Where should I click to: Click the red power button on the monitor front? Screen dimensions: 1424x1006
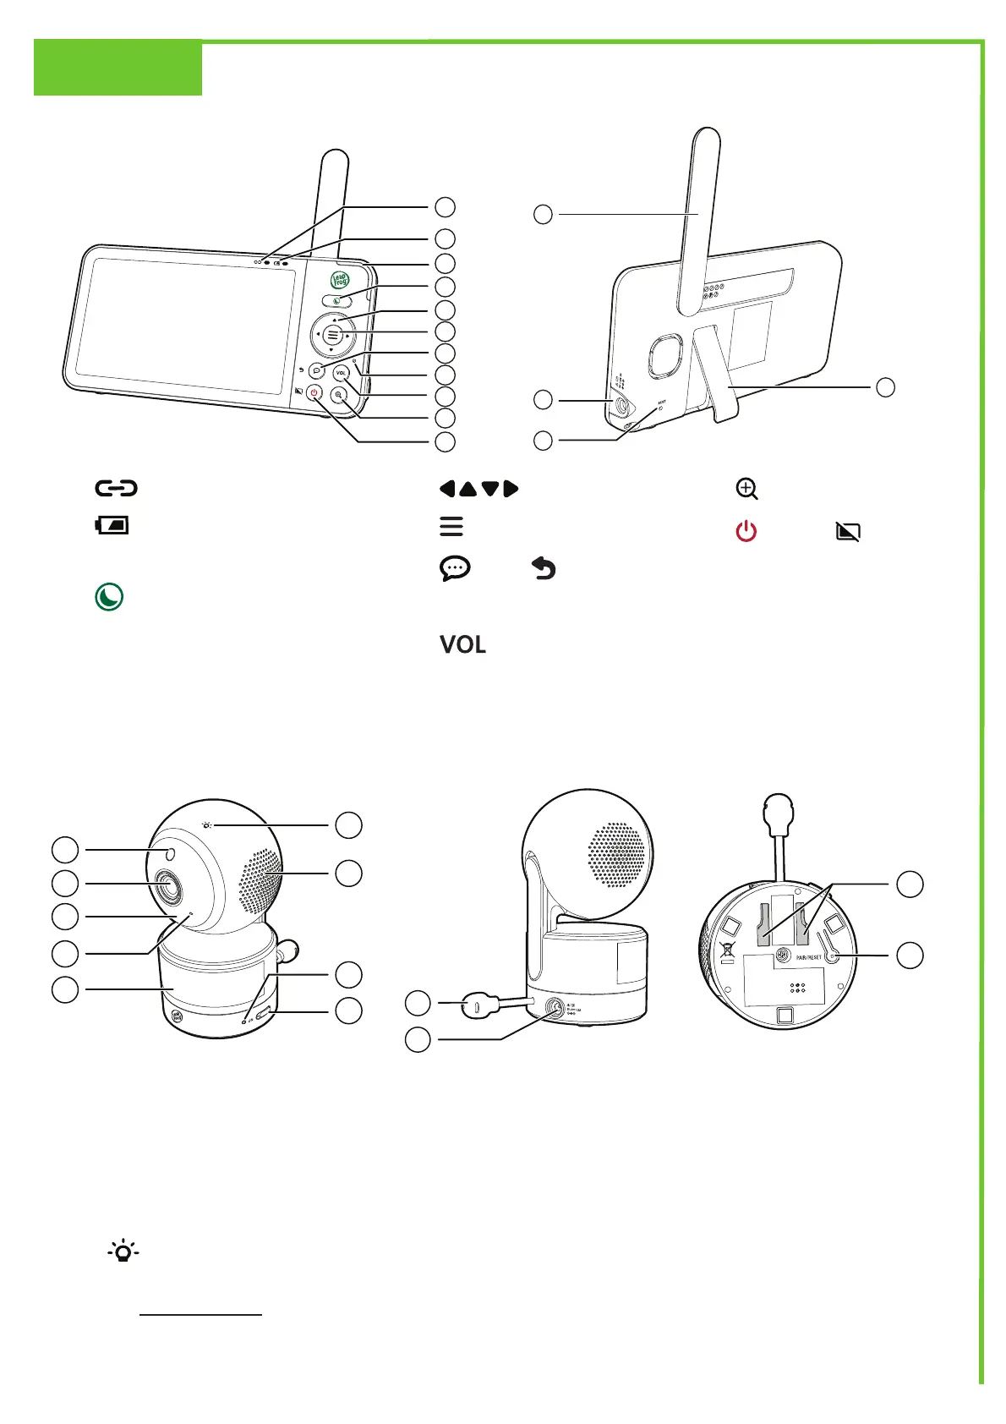[314, 392]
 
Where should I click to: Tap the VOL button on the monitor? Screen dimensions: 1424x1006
[341, 373]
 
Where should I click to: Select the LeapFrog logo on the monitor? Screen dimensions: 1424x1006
[340, 279]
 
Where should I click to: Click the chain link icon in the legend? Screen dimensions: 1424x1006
[116, 488]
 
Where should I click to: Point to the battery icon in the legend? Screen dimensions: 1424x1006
[112, 526]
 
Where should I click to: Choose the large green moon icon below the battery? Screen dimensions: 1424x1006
[109, 597]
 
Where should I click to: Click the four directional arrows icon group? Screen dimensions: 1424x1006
[478, 489]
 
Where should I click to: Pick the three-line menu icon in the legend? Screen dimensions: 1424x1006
[451, 526]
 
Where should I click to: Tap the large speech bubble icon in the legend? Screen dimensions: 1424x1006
[455, 569]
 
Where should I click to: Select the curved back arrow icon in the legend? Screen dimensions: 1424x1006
[544, 569]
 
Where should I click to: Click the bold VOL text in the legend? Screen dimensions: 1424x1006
[462, 644]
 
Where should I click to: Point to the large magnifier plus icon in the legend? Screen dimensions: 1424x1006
[746, 489]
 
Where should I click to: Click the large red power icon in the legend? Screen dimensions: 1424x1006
[746, 532]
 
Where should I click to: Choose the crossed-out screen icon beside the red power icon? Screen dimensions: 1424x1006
[848, 532]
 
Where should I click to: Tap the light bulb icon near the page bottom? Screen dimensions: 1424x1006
[123, 1251]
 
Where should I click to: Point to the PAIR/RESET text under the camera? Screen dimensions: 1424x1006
[808, 957]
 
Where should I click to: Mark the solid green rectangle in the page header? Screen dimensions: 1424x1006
[118, 68]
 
